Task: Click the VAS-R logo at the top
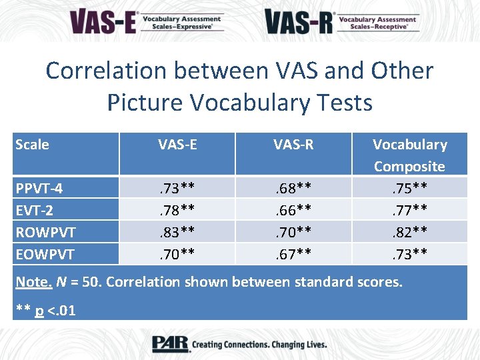click(341, 21)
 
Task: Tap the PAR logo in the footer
click(170, 344)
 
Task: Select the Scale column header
click(32, 145)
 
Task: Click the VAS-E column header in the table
click(177, 145)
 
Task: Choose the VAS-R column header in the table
click(293, 145)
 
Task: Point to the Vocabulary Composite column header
click(409, 155)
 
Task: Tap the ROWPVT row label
click(45, 232)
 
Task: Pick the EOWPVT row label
click(45, 254)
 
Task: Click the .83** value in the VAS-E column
click(177, 232)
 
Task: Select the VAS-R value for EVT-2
click(293, 210)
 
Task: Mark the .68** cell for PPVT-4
click(293, 188)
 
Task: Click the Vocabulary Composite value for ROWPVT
click(409, 232)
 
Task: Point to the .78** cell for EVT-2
click(177, 210)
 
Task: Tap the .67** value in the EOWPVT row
click(293, 254)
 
